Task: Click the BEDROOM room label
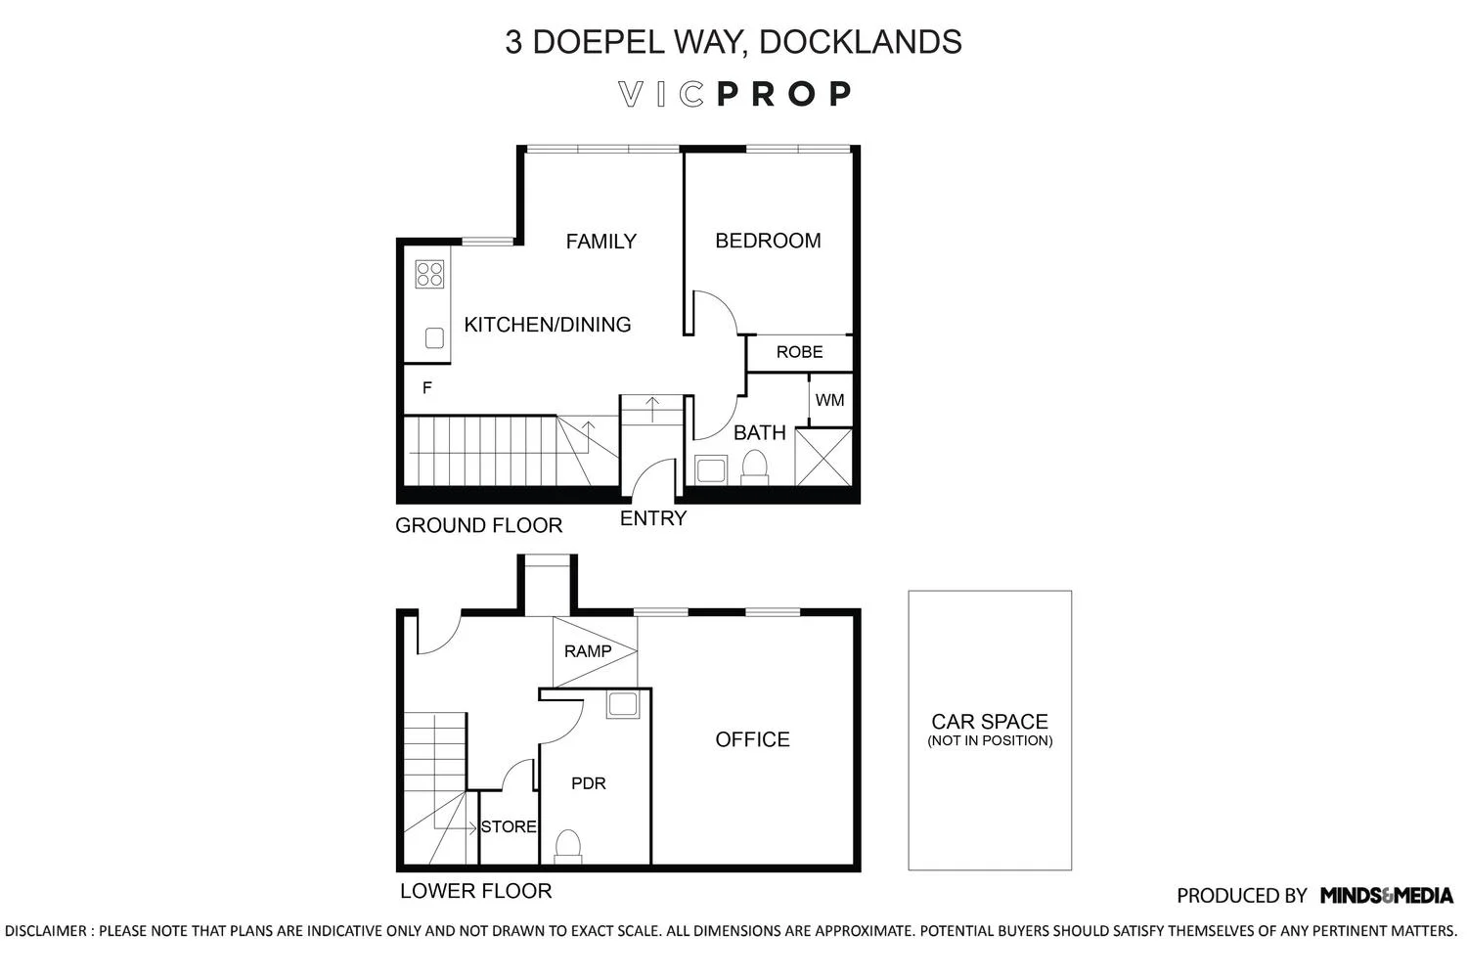click(768, 241)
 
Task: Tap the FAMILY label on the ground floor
click(600, 241)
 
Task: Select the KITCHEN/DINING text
click(548, 325)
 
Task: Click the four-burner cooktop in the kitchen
click(429, 274)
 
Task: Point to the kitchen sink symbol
click(434, 338)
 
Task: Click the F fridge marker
click(427, 388)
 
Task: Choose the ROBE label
click(799, 352)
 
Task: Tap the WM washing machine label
click(829, 400)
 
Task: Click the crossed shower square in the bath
click(823, 458)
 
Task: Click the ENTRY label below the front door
click(653, 518)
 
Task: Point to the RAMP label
click(588, 651)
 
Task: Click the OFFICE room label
click(752, 739)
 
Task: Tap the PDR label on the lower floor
click(588, 782)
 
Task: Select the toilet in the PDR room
click(568, 846)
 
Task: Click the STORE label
click(509, 826)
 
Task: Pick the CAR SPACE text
click(990, 721)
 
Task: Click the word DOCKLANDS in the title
click(860, 41)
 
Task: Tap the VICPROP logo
click(734, 94)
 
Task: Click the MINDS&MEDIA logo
click(1387, 895)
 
